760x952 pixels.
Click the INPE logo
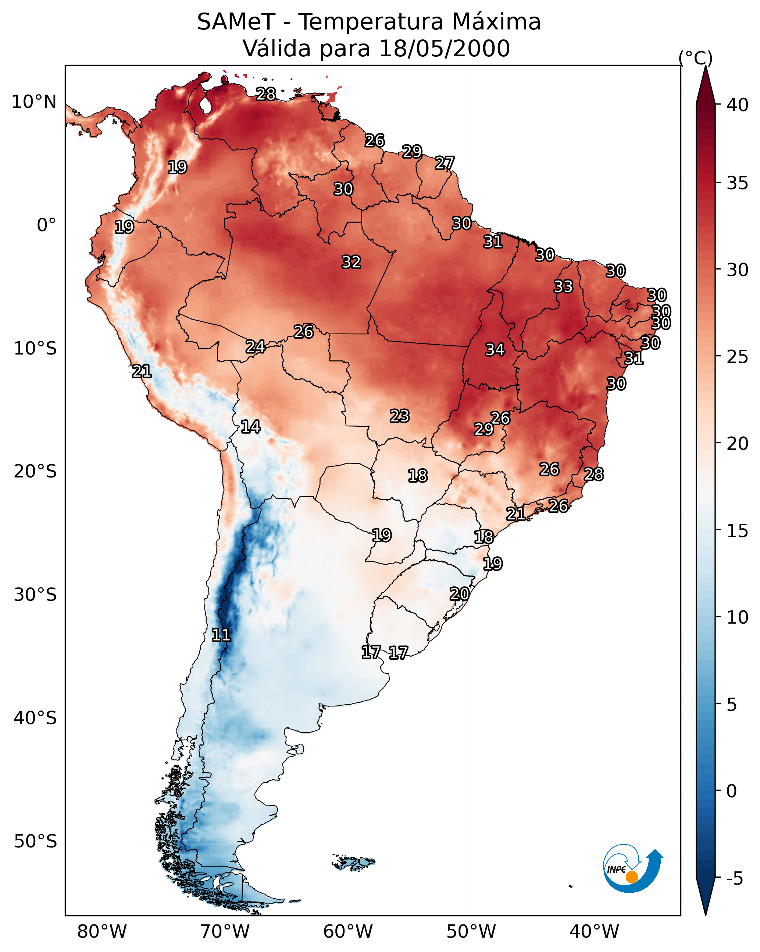[x=632, y=870]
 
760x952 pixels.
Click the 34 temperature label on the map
[x=495, y=350]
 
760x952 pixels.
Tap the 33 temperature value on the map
[x=563, y=286]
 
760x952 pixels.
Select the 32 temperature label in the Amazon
[x=351, y=262]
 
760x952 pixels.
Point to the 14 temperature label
[x=250, y=427]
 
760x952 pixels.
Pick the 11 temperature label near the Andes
[x=221, y=635]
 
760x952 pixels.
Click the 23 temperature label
[x=400, y=416]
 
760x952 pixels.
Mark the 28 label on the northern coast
[x=266, y=94]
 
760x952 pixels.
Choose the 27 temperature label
[x=445, y=163]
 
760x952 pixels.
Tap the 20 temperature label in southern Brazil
[x=459, y=594]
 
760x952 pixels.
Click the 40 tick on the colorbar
[x=738, y=105]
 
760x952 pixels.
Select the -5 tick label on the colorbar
[x=735, y=879]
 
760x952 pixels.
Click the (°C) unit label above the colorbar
[x=696, y=58]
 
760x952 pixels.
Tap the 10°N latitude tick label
[x=34, y=102]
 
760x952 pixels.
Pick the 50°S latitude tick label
[x=35, y=842]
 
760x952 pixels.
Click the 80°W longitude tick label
[x=102, y=932]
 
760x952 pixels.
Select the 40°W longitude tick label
[x=594, y=932]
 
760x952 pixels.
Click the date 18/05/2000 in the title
[x=444, y=49]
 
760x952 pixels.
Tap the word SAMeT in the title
[x=236, y=22]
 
